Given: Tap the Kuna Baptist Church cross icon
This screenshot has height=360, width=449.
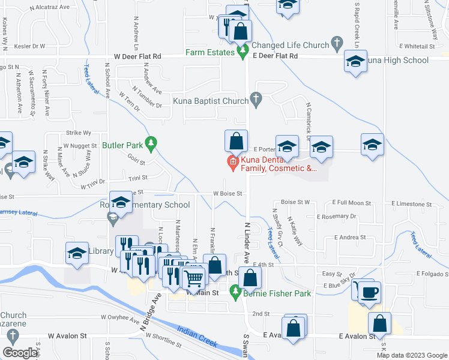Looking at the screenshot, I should click(256, 100).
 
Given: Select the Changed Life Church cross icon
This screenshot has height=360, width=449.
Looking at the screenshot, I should click(337, 44).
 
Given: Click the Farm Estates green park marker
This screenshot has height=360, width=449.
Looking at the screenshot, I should click(243, 53).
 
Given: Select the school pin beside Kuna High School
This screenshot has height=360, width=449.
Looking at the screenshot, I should click(355, 62).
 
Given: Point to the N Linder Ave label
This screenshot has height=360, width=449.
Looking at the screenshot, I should click(246, 240).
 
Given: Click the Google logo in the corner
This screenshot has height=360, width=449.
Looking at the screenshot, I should click(20, 353).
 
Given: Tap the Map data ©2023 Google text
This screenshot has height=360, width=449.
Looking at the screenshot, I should click(412, 355).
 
